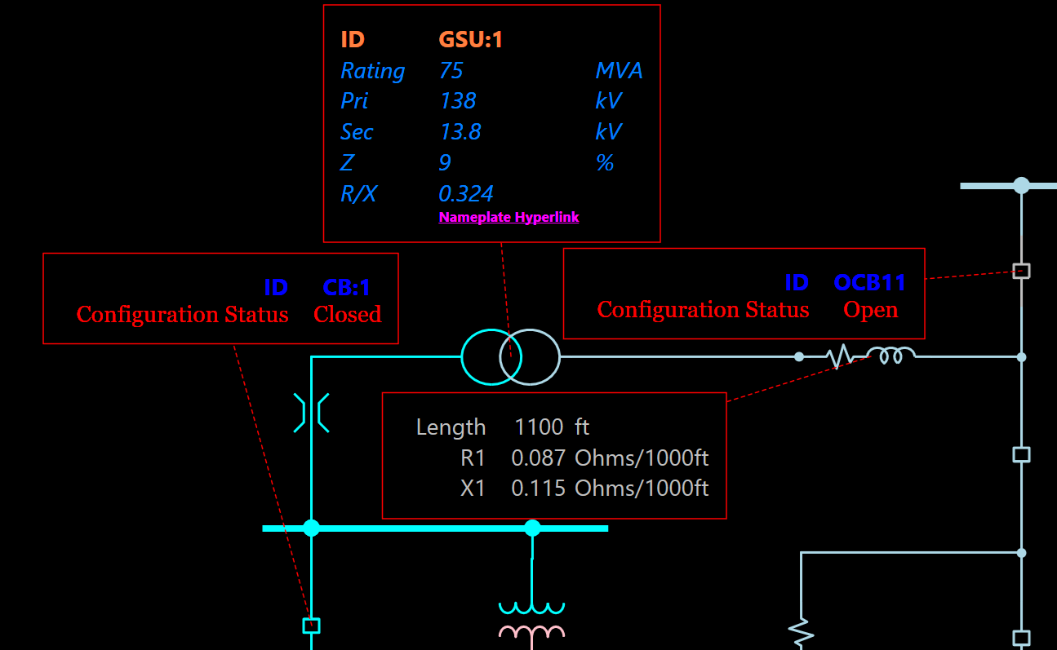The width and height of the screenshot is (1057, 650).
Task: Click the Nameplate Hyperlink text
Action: point(509,217)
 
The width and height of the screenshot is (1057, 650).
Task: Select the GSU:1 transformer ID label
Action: point(470,39)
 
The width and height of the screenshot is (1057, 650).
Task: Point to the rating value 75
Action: point(451,71)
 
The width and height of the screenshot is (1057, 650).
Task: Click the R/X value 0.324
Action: point(466,194)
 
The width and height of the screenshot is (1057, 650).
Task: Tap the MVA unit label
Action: point(619,71)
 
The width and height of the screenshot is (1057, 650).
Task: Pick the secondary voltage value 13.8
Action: point(460,132)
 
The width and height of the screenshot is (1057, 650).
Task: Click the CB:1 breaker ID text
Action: point(347,287)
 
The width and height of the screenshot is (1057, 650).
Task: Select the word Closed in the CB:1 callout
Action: point(347,315)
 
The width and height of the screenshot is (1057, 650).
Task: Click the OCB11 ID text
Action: point(869,282)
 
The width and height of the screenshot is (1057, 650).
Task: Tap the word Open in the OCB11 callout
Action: point(871,310)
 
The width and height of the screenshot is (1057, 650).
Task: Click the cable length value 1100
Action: point(539,427)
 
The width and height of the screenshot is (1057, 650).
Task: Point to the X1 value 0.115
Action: point(538,489)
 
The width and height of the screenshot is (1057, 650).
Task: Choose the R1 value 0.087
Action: point(538,458)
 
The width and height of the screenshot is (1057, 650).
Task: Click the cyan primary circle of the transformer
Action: point(482,356)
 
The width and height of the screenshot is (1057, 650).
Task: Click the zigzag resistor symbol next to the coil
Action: point(841,356)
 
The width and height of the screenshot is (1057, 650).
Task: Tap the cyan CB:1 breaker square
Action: point(311,626)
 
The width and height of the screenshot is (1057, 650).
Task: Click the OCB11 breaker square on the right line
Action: point(1021,271)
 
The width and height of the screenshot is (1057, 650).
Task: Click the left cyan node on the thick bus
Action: point(311,528)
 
